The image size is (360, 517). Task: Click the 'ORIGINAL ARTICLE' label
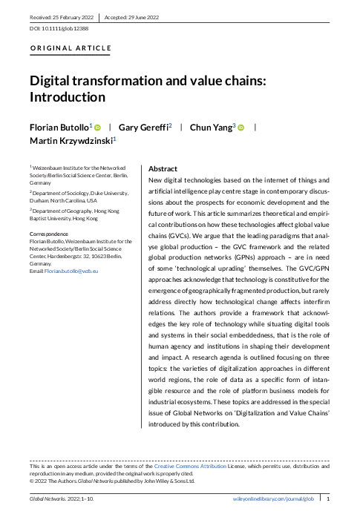pos(71,49)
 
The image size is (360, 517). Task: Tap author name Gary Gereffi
pos(146,128)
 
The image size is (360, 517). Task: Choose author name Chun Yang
pos(212,128)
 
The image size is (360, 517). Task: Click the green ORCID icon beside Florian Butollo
pos(98,128)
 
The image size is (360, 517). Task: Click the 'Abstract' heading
pos(163,169)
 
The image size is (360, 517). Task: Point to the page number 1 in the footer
pos(329,501)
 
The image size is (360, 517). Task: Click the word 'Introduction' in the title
pos(67,97)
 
